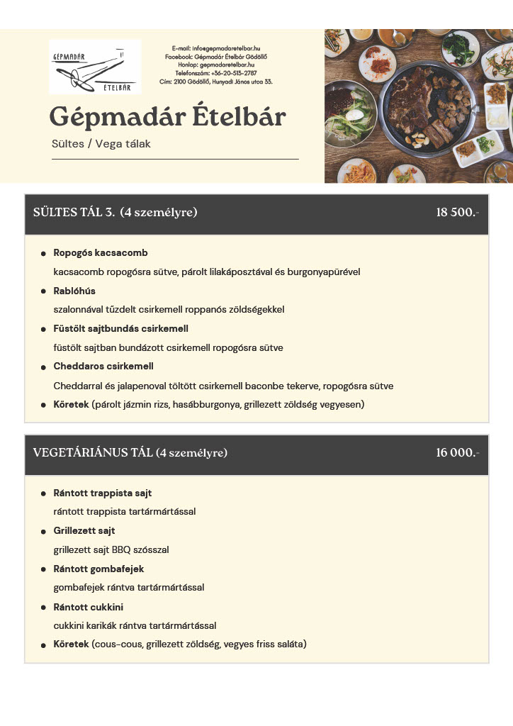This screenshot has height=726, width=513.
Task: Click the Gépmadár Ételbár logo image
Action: [x=95, y=67]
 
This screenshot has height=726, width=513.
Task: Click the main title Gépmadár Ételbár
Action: [x=167, y=117]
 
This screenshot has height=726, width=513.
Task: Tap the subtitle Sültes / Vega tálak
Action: [x=101, y=144]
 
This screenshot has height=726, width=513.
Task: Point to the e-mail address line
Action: [x=216, y=48]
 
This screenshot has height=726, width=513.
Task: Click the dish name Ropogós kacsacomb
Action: [x=101, y=253]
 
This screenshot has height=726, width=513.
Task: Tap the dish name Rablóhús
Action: [x=74, y=291]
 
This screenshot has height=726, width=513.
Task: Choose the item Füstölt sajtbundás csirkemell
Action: [x=120, y=329]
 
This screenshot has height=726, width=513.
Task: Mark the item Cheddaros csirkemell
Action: [x=103, y=367]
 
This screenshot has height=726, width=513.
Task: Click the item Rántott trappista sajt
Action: [x=103, y=493]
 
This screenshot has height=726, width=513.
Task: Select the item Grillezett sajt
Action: [x=84, y=531]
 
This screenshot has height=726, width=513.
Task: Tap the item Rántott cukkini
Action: [x=89, y=607]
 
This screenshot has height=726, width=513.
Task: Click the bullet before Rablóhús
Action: [x=44, y=291]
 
